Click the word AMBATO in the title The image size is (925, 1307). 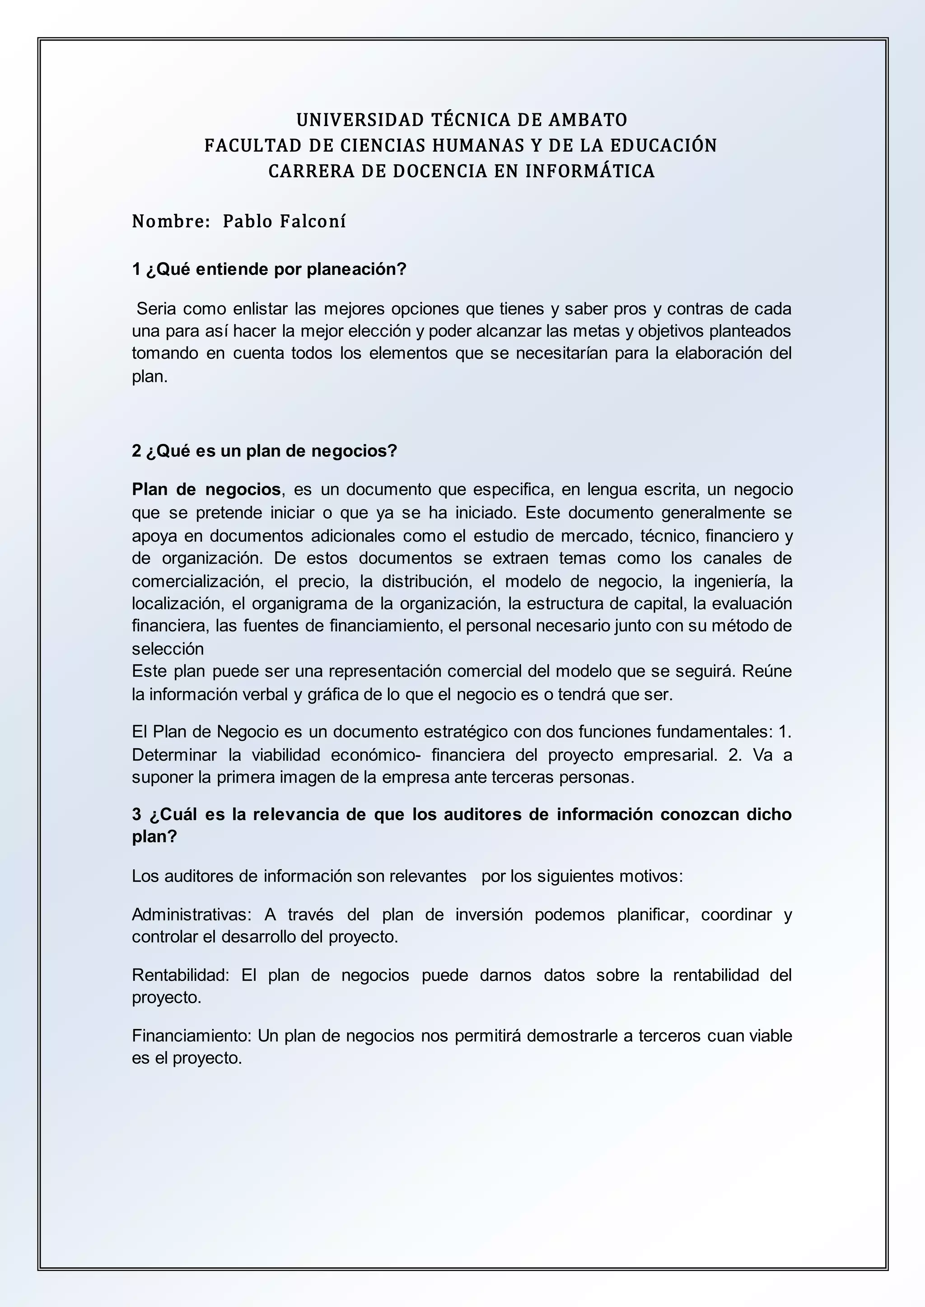pyautogui.click(x=587, y=120)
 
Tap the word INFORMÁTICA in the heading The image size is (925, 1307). pyautogui.click(x=589, y=171)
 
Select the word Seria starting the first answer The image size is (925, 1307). pyautogui.click(x=155, y=309)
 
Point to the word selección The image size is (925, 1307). pyautogui.click(x=168, y=649)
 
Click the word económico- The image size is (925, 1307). pyautogui.click(x=376, y=755)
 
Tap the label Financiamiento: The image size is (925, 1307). pyautogui.click(x=192, y=1035)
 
